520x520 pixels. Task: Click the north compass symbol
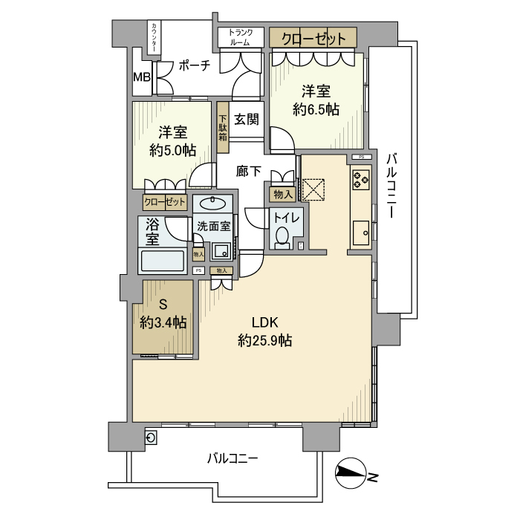tap(353, 473)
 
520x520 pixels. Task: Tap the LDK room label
tap(264, 322)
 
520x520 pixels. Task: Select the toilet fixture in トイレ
tap(282, 237)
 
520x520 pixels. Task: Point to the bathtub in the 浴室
tap(162, 262)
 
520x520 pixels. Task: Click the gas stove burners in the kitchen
tap(360, 179)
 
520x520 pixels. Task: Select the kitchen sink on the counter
tap(361, 233)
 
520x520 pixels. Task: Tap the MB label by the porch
tap(141, 77)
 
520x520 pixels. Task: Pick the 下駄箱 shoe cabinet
tap(222, 127)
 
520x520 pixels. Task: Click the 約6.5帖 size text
tap(316, 109)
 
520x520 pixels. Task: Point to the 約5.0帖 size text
tap(172, 149)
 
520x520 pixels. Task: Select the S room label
tap(163, 304)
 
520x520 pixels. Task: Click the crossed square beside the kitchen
tap(315, 189)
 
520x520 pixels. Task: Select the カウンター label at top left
tap(154, 37)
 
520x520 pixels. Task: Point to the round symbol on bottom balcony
tap(151, 438)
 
